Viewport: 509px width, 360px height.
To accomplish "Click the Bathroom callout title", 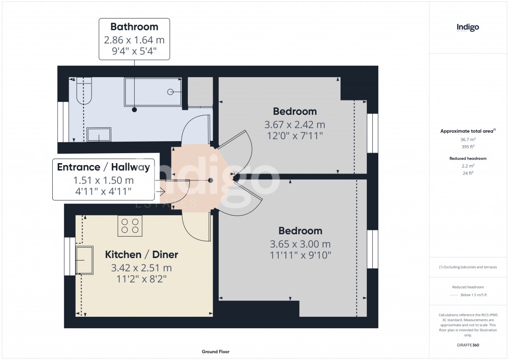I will point(134,27).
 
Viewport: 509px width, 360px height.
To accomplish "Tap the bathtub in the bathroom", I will point(153,91).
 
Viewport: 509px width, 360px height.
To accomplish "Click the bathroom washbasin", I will point(99,135).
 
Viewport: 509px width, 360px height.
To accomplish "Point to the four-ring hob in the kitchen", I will point(130,226).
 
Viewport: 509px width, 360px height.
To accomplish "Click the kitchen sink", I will point(85,260).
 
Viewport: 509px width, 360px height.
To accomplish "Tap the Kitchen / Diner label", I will point(142,255).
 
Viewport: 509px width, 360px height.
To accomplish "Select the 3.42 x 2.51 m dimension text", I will point(142,268).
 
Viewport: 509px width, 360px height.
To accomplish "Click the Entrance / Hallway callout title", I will point(103,167).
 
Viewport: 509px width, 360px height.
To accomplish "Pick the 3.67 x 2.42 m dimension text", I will point(295,124).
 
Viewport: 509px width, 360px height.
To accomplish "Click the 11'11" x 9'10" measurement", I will point(300,255).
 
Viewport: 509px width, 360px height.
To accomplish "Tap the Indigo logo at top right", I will point(468,27).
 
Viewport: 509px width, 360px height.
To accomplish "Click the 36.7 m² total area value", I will point(468,140).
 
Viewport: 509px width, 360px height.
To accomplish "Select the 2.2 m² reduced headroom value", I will point(468,166).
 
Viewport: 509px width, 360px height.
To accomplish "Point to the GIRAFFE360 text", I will point(468,345).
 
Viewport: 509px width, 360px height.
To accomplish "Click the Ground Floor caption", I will point(216,352).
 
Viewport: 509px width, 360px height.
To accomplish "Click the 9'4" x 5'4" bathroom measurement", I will point(134,50).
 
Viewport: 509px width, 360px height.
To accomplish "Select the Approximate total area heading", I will point(467,131).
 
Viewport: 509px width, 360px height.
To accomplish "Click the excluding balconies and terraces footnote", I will point(468,267).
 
